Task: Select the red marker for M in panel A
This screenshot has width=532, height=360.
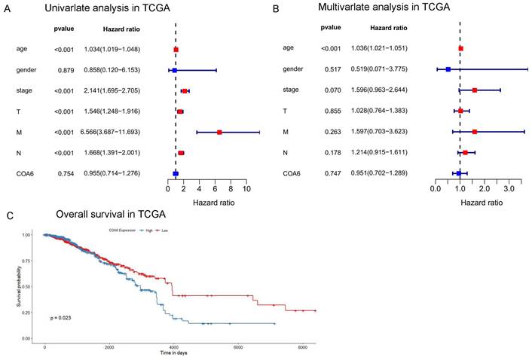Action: click(219, 132)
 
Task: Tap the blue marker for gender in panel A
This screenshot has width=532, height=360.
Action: click(175, 70)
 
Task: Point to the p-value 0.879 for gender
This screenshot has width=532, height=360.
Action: click(64, 70)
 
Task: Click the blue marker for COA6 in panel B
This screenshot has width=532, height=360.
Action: click(459, 172)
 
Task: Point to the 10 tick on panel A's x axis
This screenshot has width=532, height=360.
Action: click(246, 190)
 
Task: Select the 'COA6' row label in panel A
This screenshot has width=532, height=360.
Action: click(25, 173)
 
